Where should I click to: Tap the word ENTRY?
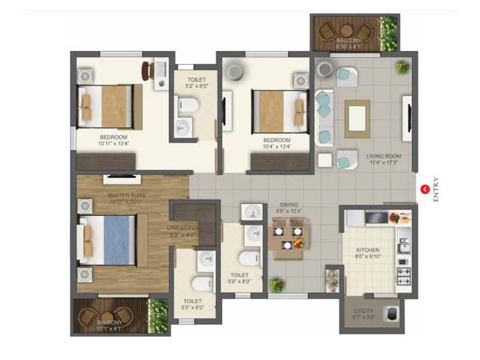coord(436,190)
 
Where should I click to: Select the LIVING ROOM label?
coord(383,157)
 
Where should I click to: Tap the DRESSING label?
coord(182,228)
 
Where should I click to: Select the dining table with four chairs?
coord(287,237)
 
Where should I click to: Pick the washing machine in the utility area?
coord(391,314)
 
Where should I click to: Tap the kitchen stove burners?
coord(403,275)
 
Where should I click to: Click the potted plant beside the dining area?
coord(277,284)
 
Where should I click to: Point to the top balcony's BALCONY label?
coord(348,41)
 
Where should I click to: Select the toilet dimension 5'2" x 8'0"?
coord(196,86)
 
